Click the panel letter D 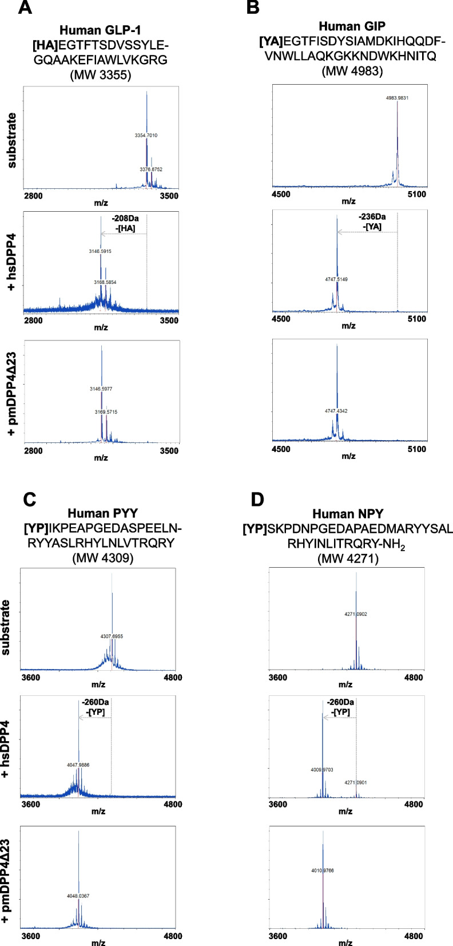tap(257, 499)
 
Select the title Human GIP tap(352, 26)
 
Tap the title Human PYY tap(102, 513)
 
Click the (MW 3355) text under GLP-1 tap(101, 74)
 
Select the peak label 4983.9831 tap(397, 98)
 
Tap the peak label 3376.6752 tap(151, 169)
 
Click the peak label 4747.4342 tap(336, 410)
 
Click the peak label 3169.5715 tap(106, 412)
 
